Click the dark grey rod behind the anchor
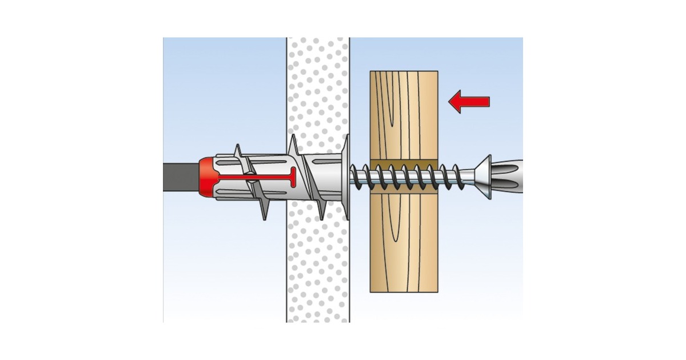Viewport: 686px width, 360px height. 180,177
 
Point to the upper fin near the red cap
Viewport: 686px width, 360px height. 238,154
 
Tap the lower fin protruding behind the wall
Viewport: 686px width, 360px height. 263,209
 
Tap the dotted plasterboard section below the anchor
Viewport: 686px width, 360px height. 318,269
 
